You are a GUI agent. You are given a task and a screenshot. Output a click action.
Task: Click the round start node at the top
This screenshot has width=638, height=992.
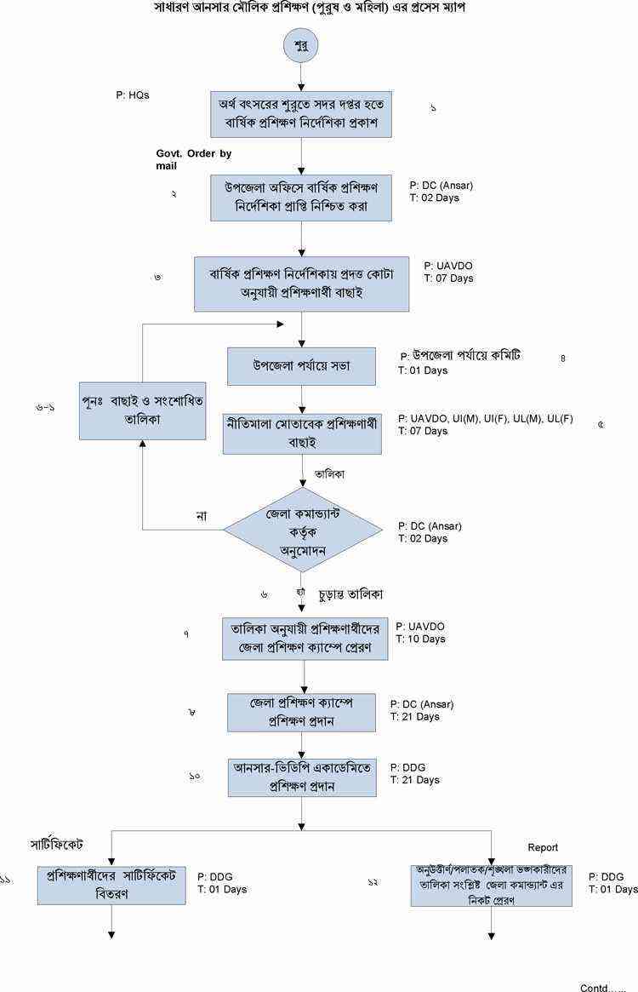click(301, 45)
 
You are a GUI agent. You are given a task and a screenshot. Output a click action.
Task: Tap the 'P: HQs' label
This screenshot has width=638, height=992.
click(133, 95)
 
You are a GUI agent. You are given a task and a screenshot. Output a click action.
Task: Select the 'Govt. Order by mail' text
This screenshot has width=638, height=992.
click(193, 159)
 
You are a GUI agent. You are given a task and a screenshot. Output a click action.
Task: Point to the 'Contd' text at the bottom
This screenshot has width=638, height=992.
click(602, 987)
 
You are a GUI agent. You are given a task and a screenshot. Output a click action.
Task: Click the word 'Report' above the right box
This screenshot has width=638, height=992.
click(543, 847)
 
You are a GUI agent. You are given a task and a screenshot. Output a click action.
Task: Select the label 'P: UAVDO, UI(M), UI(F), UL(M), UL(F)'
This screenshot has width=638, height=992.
click(491, 419)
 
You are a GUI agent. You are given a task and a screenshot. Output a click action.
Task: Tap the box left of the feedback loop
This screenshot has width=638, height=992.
click(143, 410)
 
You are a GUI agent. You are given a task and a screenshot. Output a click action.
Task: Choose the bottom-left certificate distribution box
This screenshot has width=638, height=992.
click(111, 885)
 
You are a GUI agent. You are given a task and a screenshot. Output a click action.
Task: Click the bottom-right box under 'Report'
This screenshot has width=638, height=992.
click(492, 885)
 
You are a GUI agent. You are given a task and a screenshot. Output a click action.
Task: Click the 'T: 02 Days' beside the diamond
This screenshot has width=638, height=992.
click(423, 538)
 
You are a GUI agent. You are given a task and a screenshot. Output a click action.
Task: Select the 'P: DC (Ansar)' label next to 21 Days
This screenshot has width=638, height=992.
click(422, 704)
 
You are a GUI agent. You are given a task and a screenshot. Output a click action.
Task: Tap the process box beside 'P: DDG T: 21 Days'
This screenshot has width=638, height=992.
click(301, 777)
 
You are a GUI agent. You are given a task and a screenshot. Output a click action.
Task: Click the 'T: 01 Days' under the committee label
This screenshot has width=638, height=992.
click(423, 370)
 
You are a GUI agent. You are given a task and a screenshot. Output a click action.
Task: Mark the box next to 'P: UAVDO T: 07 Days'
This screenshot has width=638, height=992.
click(301, 284)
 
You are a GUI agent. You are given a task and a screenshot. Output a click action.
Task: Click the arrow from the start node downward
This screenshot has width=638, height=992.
click(301, 75)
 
